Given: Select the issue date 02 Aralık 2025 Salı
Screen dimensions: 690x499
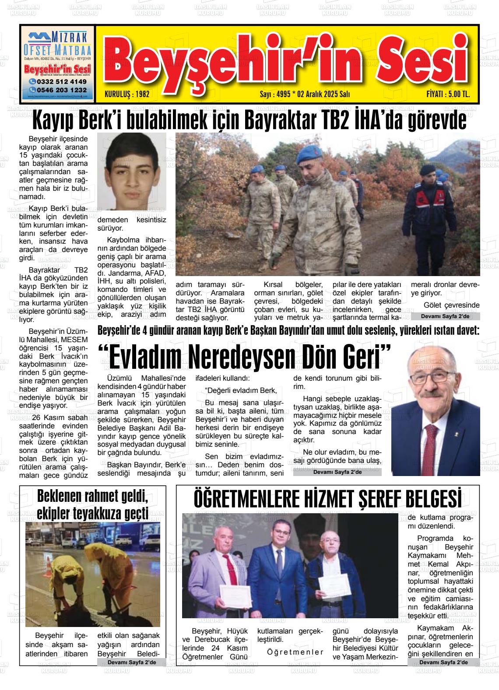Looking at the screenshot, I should point(323,94).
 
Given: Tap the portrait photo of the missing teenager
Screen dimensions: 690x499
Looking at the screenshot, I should point(131,172).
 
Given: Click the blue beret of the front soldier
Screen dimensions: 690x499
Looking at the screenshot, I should point(309,154).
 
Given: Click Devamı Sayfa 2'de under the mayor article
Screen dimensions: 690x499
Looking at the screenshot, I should point(337,472).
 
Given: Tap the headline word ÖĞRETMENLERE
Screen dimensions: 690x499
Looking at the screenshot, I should point(249,499).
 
